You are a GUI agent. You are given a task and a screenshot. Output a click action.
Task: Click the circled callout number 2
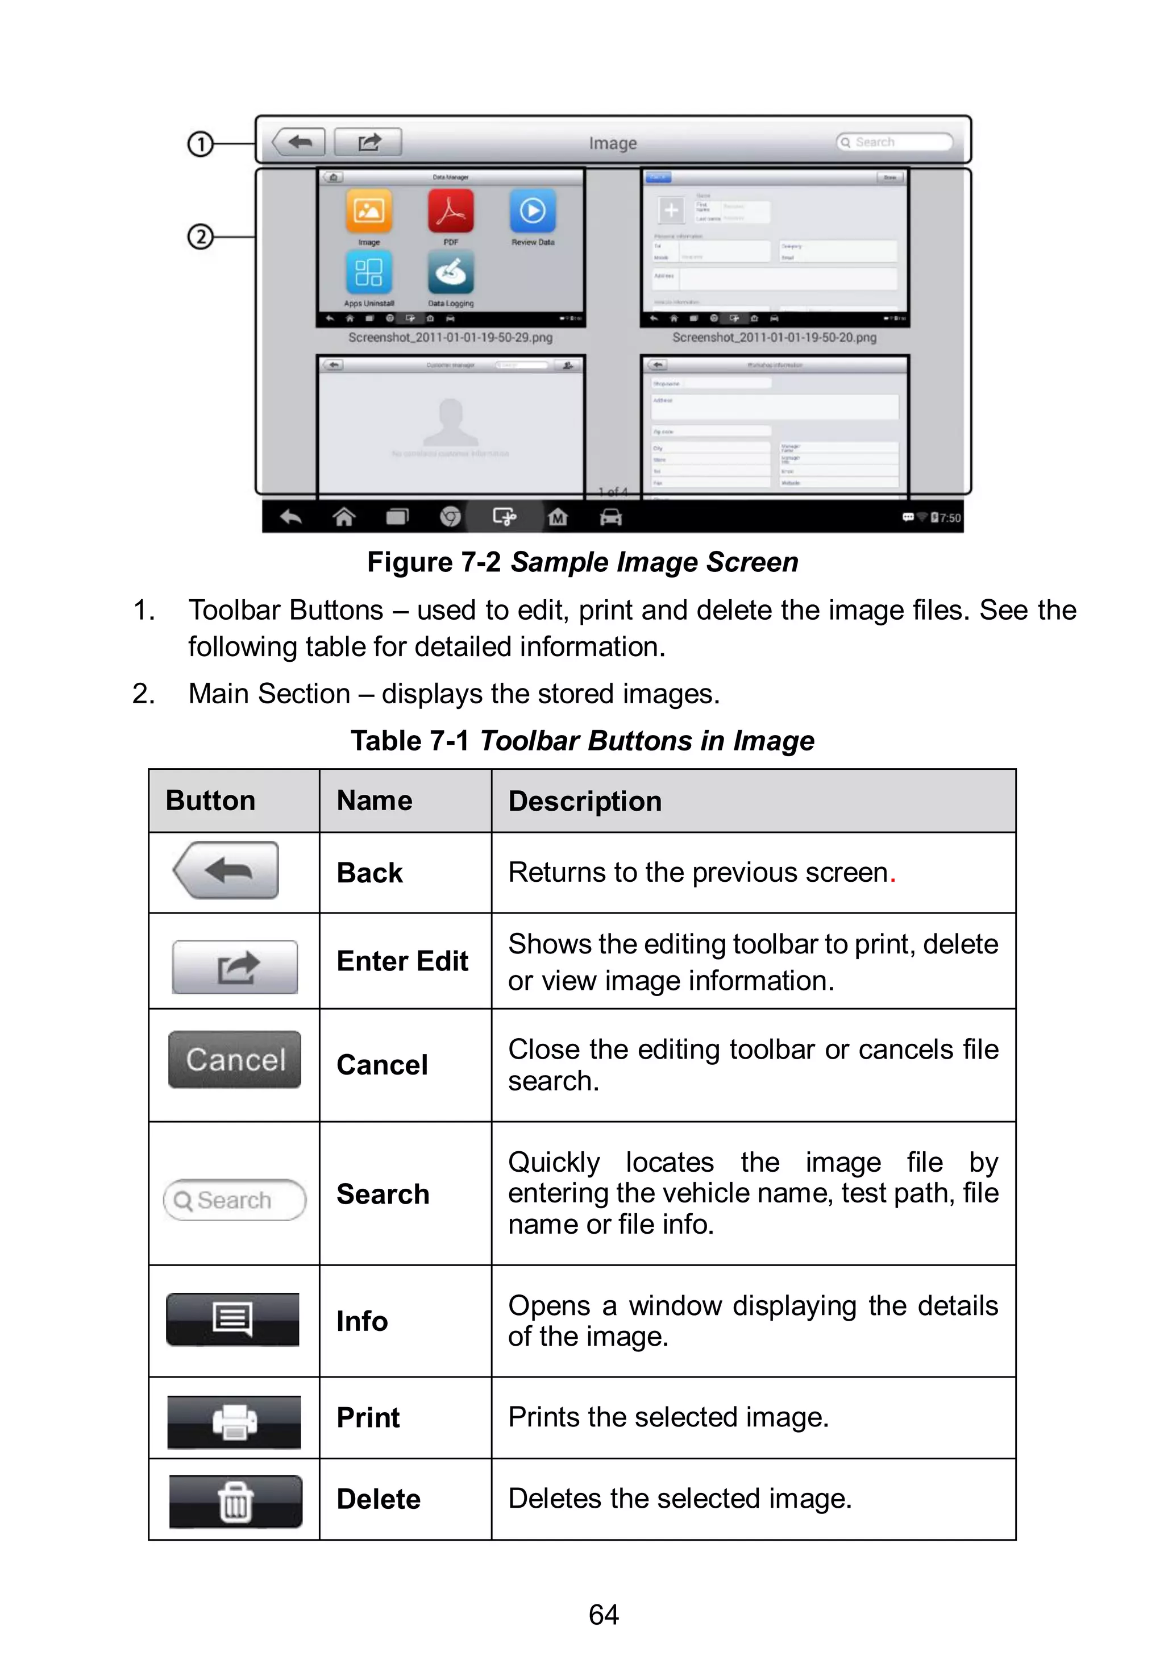coord(200,237)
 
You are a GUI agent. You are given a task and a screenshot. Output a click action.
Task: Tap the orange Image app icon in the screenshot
coord(368,211)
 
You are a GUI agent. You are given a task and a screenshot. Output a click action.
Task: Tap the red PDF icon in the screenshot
coord(451,211)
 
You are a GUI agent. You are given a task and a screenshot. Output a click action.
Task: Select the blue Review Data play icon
coord(533,211)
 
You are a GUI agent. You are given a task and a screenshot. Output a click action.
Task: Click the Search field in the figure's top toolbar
coord(895,142)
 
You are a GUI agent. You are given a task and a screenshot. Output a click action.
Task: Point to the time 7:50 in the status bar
coord(950,518)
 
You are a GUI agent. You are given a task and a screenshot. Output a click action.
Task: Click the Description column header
coord(585,801)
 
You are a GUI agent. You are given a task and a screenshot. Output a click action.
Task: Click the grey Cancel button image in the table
coord(235,1059)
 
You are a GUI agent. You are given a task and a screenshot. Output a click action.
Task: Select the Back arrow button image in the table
coord(227,869)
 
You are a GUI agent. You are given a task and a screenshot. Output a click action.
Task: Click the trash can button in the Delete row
coord(235,1501)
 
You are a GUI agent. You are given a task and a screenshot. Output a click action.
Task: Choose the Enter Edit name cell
coord(402,961)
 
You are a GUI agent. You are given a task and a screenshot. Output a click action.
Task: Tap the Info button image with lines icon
coord(232,1318)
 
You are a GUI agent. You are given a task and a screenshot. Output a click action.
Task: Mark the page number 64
coord(603,1615)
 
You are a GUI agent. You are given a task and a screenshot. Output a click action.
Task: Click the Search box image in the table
coord(235,1200)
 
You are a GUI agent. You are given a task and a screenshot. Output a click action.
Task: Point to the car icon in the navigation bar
coord(610,517)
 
